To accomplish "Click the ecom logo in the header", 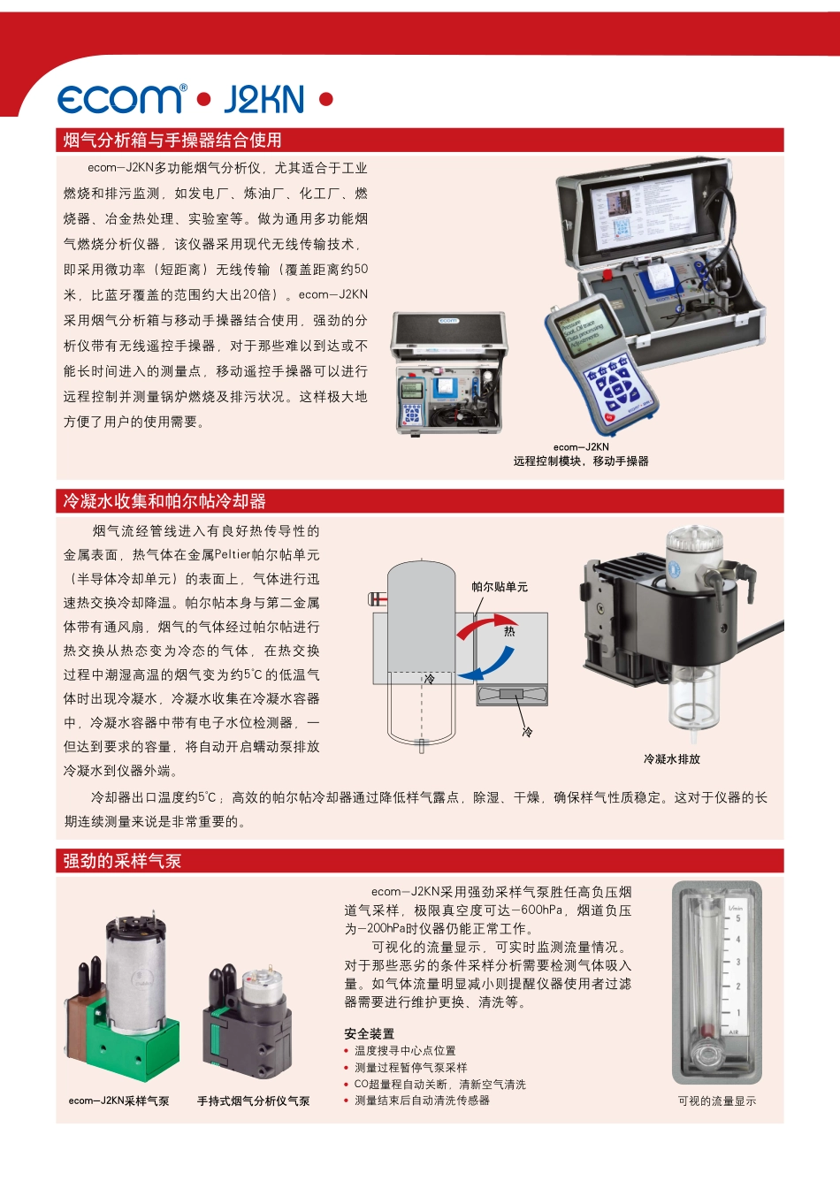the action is point(122,99).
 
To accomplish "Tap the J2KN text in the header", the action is point(263,100).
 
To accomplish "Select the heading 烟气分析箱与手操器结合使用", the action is point(172,140).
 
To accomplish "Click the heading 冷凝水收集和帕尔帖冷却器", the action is point(164,501).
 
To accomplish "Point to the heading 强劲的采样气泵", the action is point(122,861).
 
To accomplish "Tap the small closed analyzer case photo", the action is point(450,372).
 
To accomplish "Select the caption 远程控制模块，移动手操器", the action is point(581,461).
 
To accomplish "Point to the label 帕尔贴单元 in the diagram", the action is point(500,587).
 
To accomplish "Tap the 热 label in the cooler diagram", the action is point(509,631).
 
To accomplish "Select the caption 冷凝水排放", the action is point(671,758).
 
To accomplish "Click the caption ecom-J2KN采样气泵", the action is point(118,1100).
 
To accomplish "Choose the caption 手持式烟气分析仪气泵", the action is point(253,1100).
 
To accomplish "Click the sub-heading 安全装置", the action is point(370,1033).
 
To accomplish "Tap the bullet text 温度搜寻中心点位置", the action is point(405,1051).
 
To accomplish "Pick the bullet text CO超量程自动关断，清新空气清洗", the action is point(439,1084).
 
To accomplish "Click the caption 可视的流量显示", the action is point(717,1100).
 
